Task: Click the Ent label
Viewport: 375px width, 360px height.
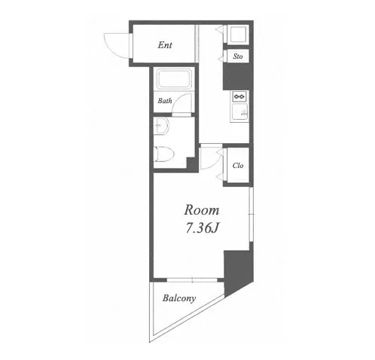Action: pyautogui.click(x=165, y=45)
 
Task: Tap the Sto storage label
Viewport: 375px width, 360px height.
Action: pyautogui.click(x=238, y=56)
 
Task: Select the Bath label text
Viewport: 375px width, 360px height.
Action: pyautogui.click(x=165, y=101)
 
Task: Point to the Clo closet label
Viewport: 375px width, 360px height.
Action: pyautogui.click(x=238, y=166)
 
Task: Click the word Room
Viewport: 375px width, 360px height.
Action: pyautogui.click(x=202, y=210)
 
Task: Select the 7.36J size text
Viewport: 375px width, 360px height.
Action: pyautogui.click(x=203, y=228)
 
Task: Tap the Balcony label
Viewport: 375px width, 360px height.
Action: pyautogui.click(x=179, y=298)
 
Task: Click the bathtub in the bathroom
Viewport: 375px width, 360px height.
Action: pyautogui.click(x=175, y=78)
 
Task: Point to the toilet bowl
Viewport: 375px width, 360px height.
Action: pyautogui.click(x=164, y=154)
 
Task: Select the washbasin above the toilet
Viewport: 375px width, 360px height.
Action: pyautogui.click(x=161, y=126)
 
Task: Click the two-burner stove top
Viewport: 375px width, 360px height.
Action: pyautogui.click(x=239, y=96)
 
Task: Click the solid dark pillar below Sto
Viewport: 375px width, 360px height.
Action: pyautogui.click(x=238, y=76)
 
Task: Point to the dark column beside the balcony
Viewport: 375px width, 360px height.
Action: pyautogui.click(x=237, y=271)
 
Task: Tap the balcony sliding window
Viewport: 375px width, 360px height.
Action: pyautogui.click(x=192, y=279)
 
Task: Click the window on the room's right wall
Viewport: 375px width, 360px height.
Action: pyautogui.click(x=252, y=215)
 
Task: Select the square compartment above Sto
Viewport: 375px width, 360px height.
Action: pyautogui.click(x=238, y=34)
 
